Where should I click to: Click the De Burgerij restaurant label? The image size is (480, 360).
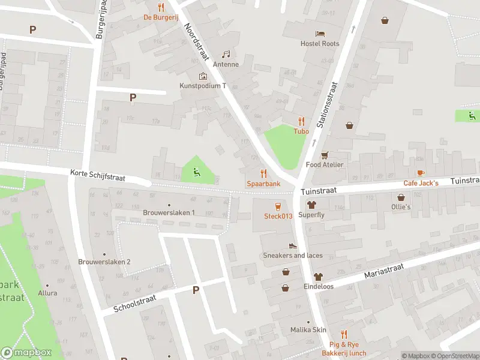(160, 17)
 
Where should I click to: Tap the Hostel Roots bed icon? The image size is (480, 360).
(320, 33)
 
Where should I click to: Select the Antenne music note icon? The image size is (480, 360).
(226, 54)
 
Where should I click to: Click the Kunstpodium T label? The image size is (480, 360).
(203, 86)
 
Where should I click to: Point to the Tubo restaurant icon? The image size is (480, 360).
(301, 121)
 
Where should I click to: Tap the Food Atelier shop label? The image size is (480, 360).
(325, 164)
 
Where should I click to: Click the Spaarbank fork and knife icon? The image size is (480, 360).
(263, 173)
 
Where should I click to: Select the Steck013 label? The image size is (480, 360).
(278, 216)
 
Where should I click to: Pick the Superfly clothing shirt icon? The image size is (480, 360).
(312, 204)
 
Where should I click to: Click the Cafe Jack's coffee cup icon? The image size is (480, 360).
(421, 173)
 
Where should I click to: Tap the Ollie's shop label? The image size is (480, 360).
(401, 207)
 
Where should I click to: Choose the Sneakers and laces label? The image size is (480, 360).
(293, 256)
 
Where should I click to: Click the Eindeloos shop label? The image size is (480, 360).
(318, 287)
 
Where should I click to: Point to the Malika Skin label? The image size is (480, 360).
(308, 330)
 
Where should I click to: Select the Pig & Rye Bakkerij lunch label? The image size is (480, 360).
(347, 349)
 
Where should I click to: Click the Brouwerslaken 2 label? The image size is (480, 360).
(104, 262)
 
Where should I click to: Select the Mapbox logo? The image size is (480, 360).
(26, 353)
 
